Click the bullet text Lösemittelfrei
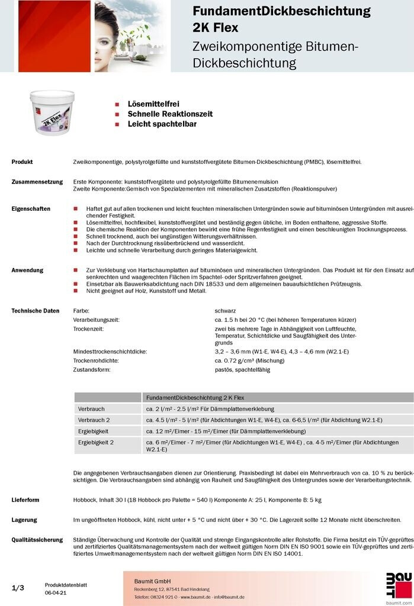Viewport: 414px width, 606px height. (x=153, y=104)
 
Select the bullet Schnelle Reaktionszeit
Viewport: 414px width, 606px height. (x=170, y=114)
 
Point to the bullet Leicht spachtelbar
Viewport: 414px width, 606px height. (x=162, y=124)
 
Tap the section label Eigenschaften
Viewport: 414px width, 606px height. (x=31, y=209)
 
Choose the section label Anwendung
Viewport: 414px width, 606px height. (x=27, y=270)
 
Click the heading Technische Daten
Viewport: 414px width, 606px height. (x=36, y=310)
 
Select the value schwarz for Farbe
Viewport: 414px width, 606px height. (x=226, y=310)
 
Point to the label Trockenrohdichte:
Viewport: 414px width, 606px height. (x=96, y=360)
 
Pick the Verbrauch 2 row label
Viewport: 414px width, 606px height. (x=94, y=420)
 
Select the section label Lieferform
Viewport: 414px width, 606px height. (x=25, y=499)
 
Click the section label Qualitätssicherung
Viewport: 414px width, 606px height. (x=37, y=540)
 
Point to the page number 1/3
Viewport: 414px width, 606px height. (x=18, y=588)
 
